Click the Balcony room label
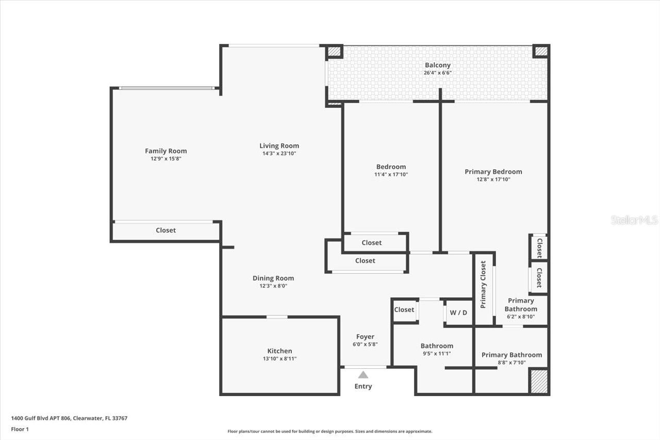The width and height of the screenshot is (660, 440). point(437,65)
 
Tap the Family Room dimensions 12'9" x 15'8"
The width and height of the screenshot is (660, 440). point(166,159)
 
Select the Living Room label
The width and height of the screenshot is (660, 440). point(279,145)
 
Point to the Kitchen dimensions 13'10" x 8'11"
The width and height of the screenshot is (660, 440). point(279,359)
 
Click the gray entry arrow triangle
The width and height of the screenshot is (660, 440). point(363,375)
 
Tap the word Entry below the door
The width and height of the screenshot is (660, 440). point(363,386)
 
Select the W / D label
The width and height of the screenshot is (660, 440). point(458,312)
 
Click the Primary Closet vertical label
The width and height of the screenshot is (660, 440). point(483,284)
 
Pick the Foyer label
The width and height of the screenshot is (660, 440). point(365,337)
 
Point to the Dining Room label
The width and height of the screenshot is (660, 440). point(273,278)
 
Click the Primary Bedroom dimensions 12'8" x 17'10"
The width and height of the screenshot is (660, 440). point(493,180)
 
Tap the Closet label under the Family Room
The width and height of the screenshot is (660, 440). point(166,230)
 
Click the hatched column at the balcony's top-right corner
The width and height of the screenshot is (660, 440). point(540,51)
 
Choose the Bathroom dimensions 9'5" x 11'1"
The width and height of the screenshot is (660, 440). point(436,354)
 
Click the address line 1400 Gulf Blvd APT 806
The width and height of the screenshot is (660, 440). point(69,418)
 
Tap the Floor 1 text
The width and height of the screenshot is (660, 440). point(20,429)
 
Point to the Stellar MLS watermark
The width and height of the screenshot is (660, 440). point(634,220)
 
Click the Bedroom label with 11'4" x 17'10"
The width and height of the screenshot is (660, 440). point(391,167)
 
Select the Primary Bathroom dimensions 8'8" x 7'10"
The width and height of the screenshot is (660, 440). point(511,363)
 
